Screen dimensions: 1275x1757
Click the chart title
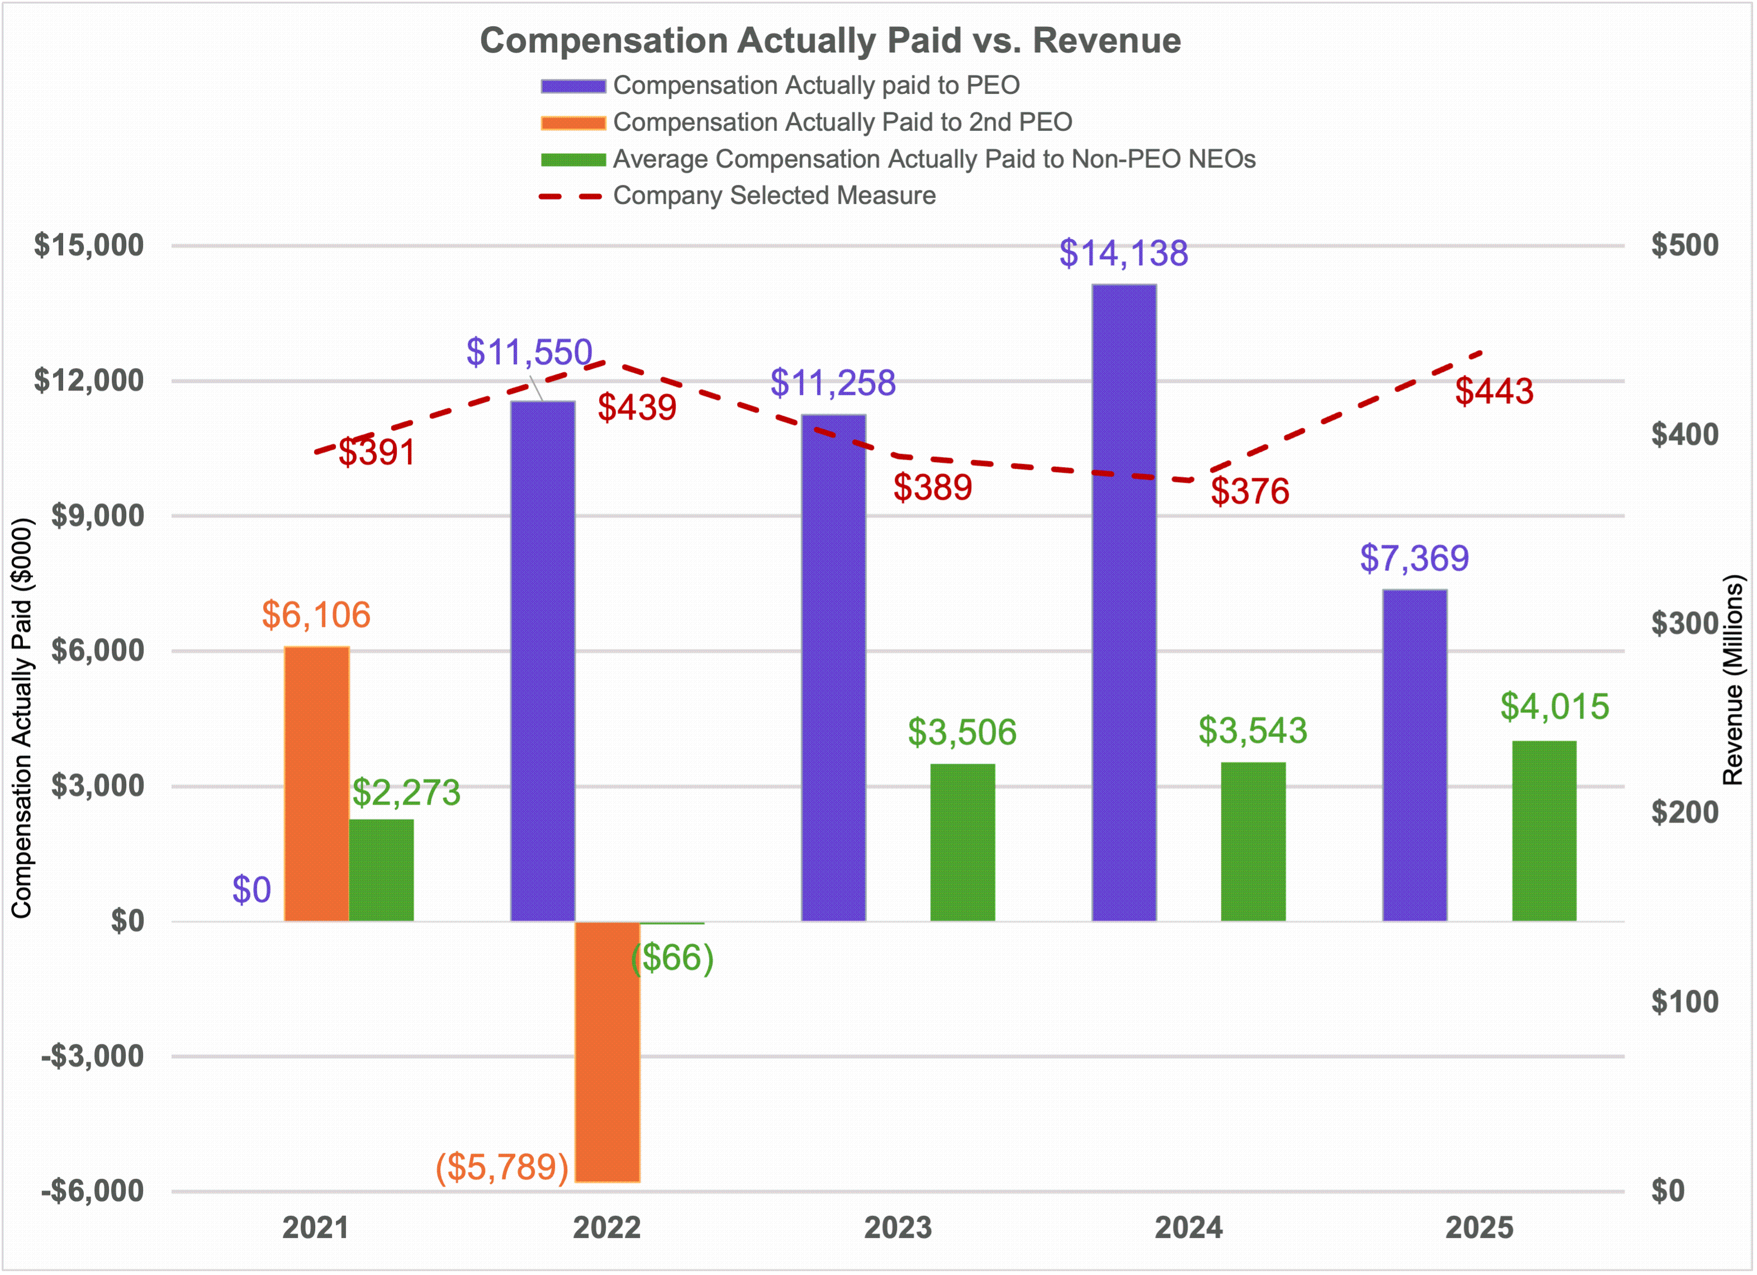[x=830, y=40]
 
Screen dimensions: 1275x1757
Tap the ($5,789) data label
[x=502, y=1167]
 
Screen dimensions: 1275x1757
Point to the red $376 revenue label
[x=1250, y=491]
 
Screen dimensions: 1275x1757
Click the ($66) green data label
[x=672, y=958]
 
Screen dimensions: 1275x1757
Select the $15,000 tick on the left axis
[x=88, y=245]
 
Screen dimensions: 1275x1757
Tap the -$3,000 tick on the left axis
[x=92, y=1056]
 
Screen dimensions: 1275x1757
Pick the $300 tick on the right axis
[x=1684, y=624]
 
